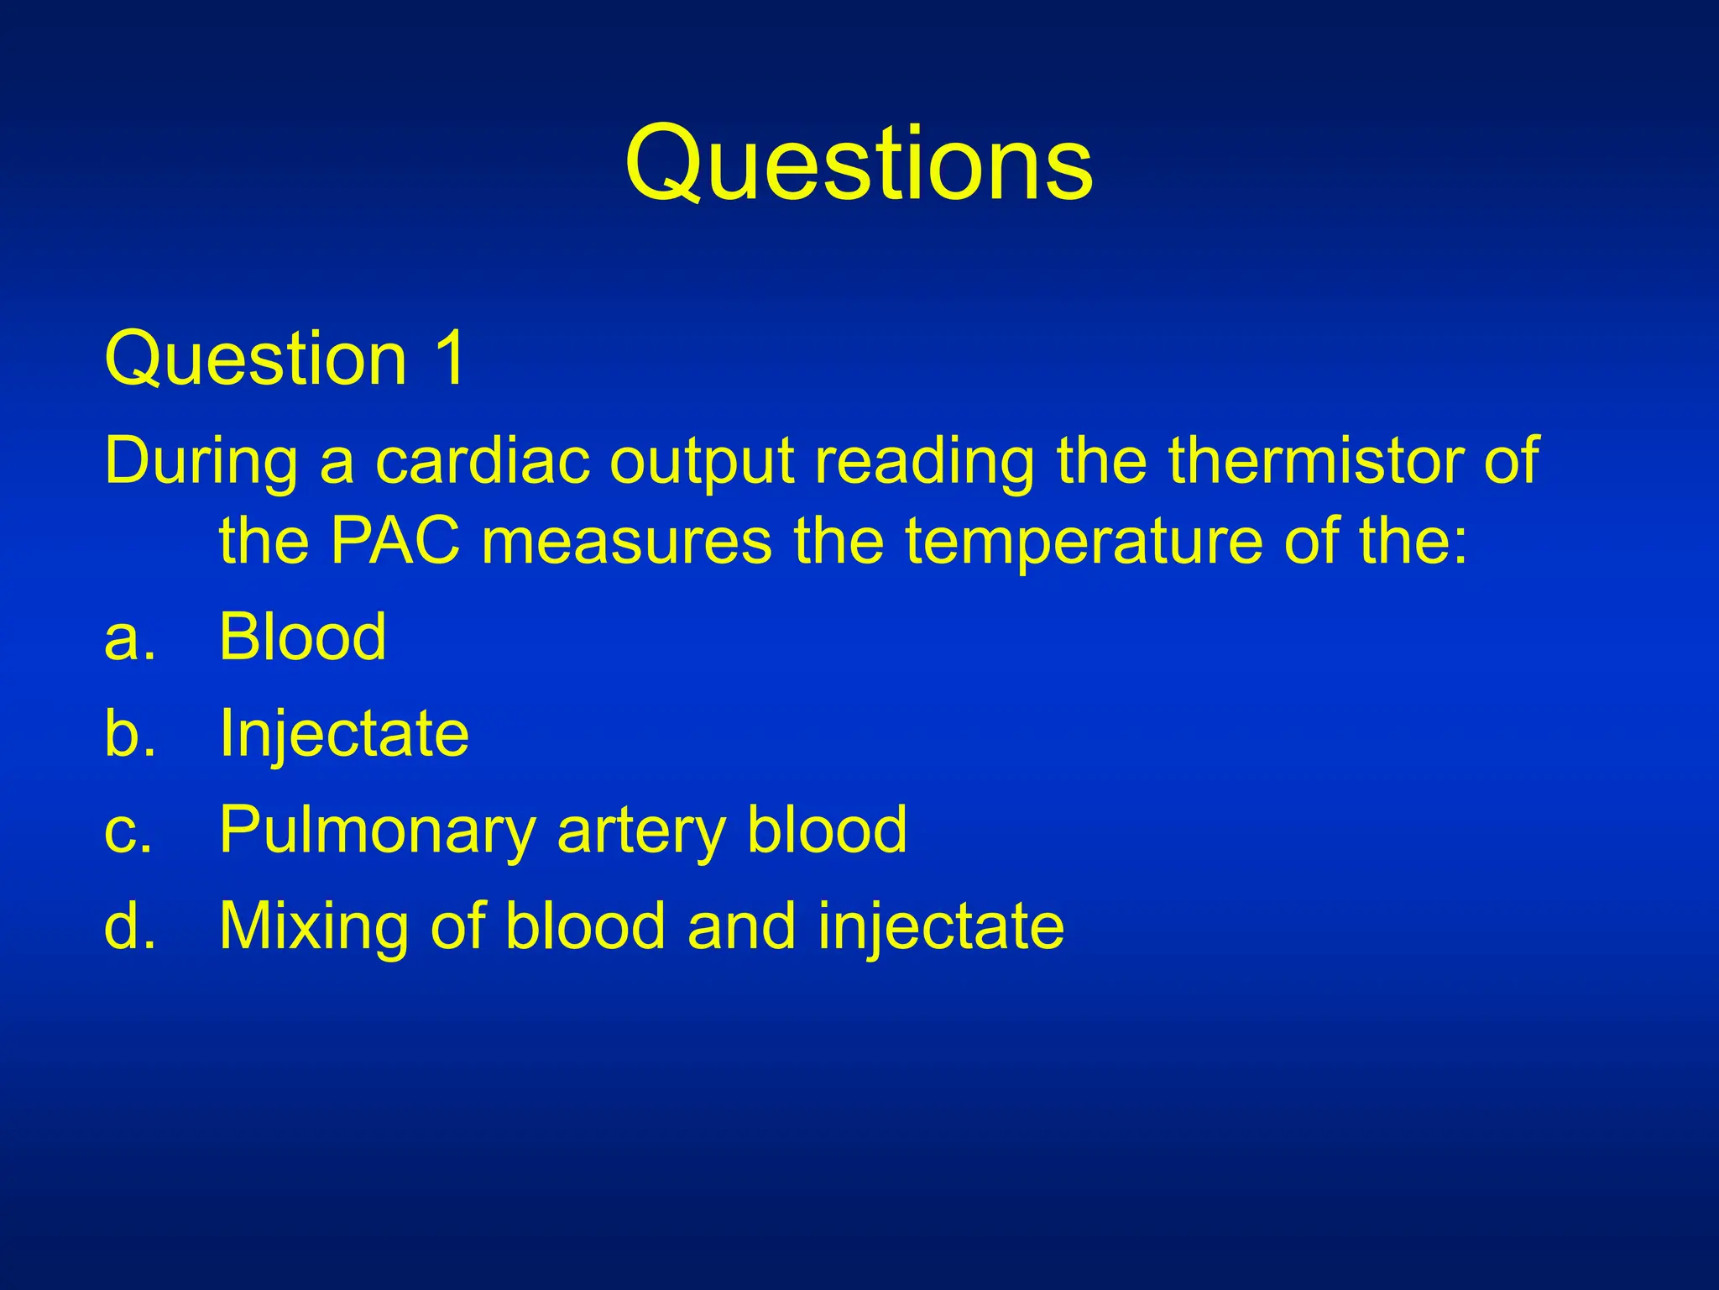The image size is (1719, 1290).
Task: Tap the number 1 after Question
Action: (x=449, y=359)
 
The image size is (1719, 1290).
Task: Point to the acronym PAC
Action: (x=395, y=542)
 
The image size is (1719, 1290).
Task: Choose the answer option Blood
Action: (x=302, y=637)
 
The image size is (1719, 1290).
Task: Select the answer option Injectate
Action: (x=343, y=734)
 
